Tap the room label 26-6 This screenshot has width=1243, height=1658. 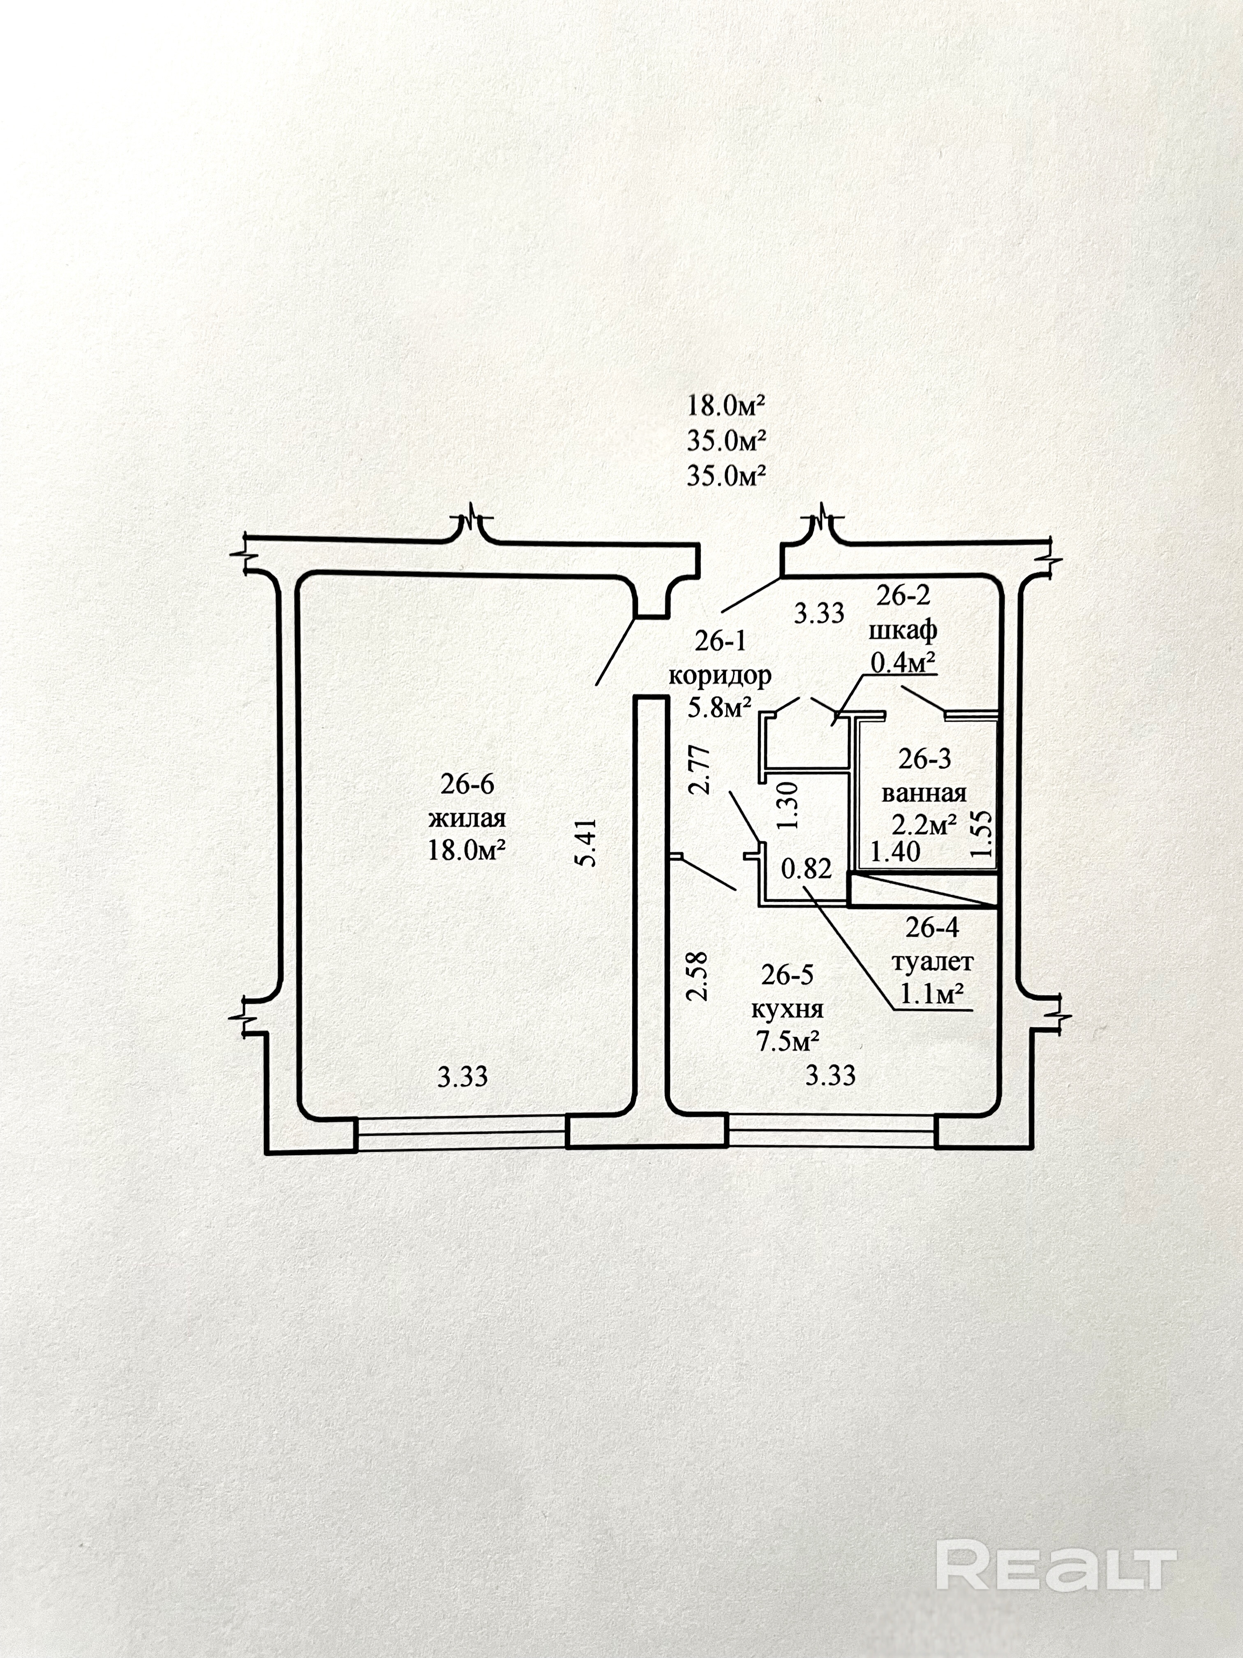[467, 784]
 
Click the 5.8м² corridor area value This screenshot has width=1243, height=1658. [719, 708]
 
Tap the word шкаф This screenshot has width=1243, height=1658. [902, 630]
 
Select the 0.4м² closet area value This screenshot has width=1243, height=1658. [902, 662]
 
